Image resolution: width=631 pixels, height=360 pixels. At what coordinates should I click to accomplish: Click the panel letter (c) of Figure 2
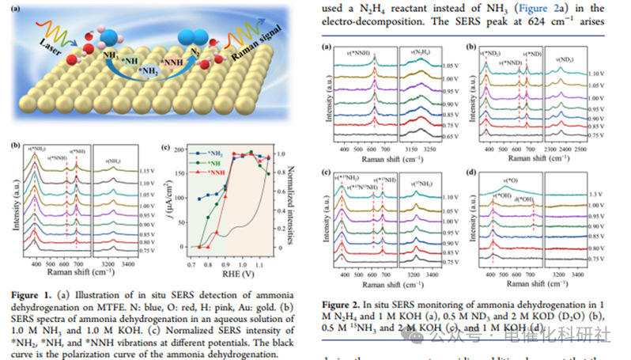(x=326, y=172)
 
